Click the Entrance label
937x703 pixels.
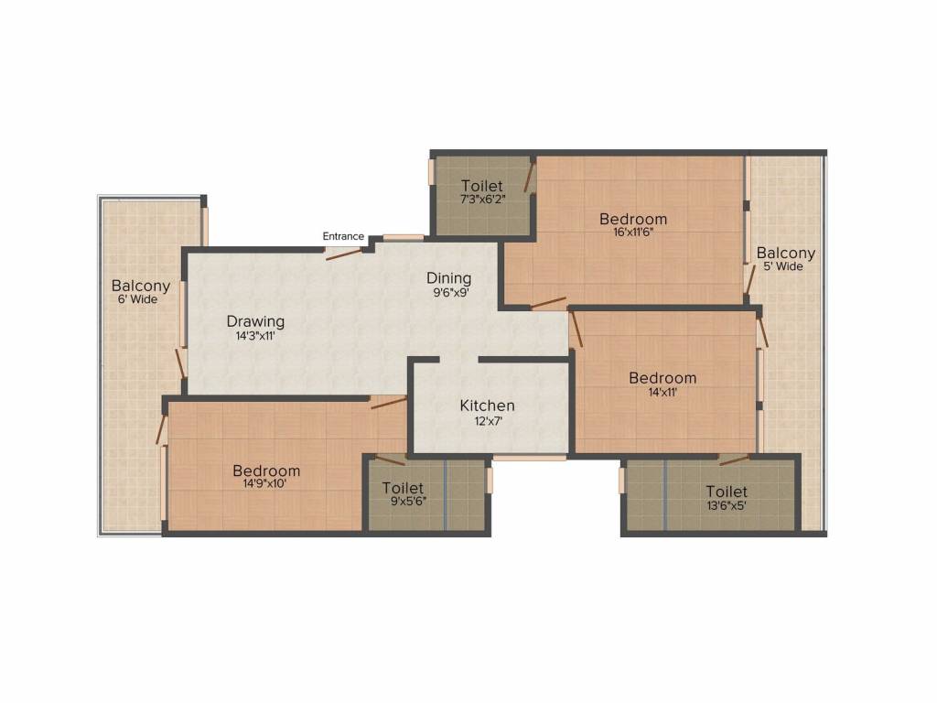tap(343, 237)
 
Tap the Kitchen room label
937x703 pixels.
tap(487, 406)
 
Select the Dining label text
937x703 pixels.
tap(449, 278)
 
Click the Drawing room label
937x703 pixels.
tap(255, 321)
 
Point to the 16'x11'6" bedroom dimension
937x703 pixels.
tap(633, 233)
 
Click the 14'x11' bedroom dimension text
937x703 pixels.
tap(662, 392)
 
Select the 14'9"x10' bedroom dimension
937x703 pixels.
tap(266, 485)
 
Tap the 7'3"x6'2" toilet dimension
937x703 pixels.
tap(482, 200)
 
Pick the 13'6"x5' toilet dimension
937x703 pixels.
tap(727, 504)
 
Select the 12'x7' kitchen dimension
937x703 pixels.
tap(487, 422)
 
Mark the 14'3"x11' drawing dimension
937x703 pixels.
tap(255, 336)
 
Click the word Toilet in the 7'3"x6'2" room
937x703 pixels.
tap(482, 186)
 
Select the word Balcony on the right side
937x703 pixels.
tap(786, 253)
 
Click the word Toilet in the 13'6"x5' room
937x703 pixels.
tap(727, 492)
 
